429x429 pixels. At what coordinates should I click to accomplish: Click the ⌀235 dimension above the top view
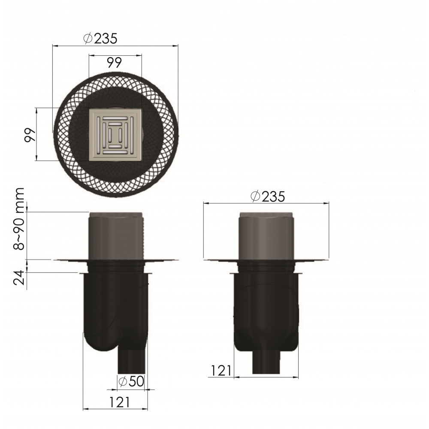[100, 39]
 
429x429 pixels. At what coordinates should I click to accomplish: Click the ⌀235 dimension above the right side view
[268, 196]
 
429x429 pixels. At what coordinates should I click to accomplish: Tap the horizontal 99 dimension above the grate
[115, 63]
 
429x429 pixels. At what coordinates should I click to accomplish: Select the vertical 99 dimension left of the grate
[30, 135]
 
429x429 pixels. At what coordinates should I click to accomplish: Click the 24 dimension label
[19, 278]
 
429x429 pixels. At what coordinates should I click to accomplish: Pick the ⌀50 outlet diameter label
[131, 381]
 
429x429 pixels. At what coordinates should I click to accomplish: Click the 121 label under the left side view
[120, 402]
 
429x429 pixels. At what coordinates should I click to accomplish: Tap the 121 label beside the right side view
[221, 371]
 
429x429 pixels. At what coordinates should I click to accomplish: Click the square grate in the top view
[115, 135]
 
